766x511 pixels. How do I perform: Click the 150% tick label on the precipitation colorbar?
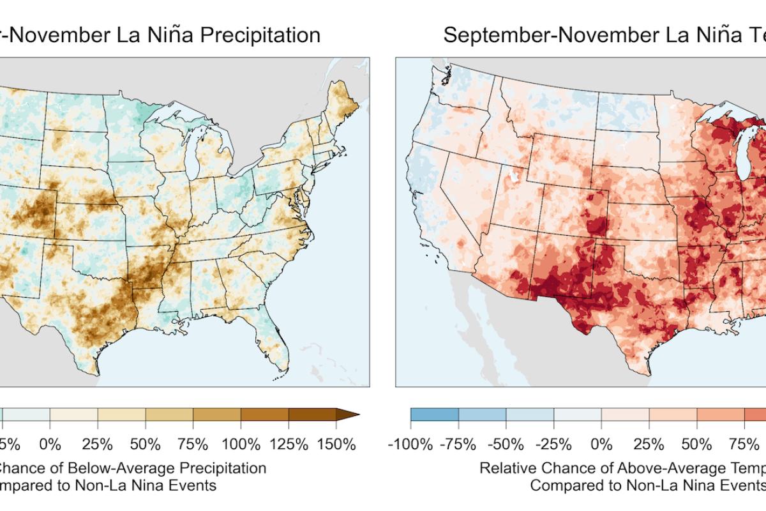(x=336, y=443)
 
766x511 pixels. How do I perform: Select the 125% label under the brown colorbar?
(x=289, y=443)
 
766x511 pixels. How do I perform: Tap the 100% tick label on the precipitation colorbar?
(x=241, y=443)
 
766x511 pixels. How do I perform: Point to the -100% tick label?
(x=410, y=443)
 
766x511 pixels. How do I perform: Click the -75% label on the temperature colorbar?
(x=458, y=443)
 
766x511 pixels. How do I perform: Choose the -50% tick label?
(x=506, y=443)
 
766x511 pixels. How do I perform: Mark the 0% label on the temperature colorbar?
(x=601, y=443)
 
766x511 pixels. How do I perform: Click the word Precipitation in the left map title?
(x=260, y=34)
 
